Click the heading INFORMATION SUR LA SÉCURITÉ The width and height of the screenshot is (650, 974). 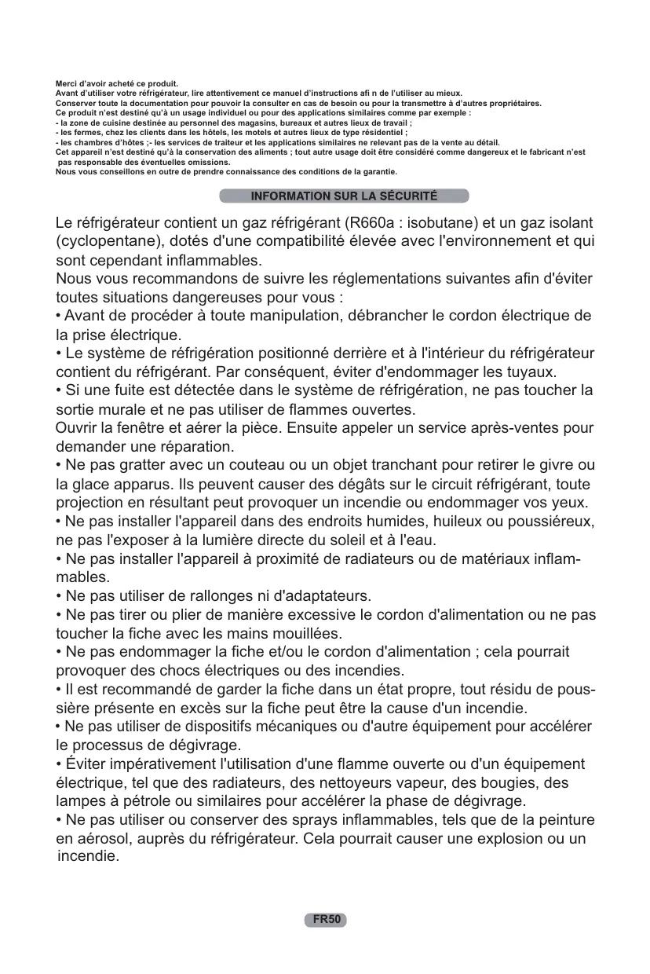(x=344, y=196)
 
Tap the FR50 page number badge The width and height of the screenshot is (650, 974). (x=326, y=919)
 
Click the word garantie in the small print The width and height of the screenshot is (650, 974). (x=378, y=170)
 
